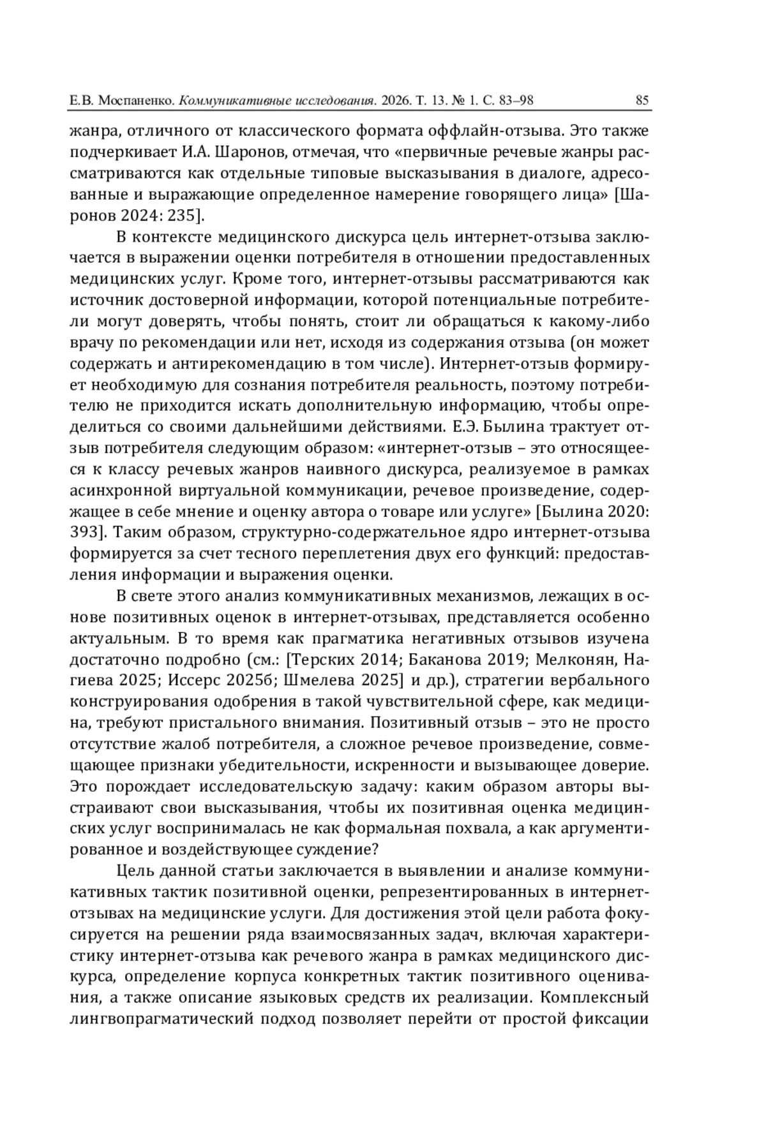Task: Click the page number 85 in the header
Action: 642,100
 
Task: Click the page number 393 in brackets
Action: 86,533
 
